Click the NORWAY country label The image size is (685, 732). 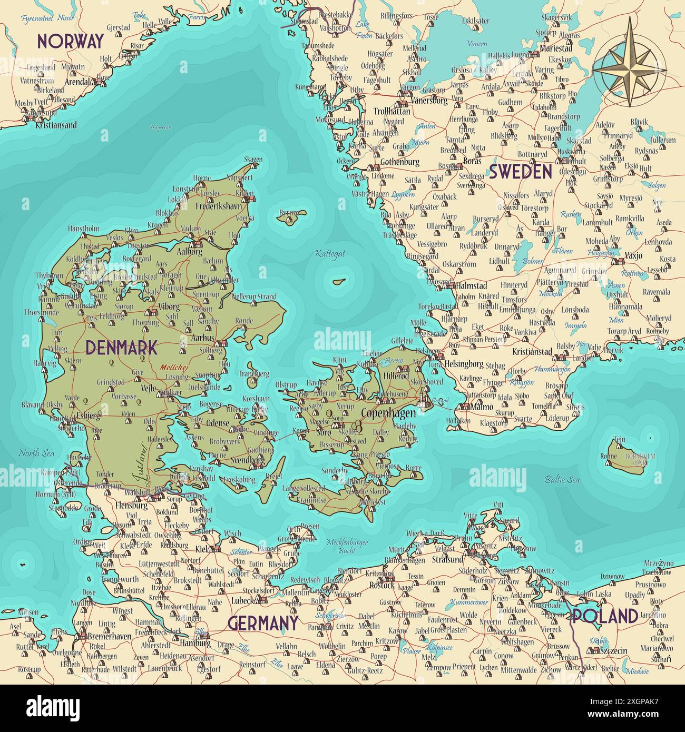(70, 41)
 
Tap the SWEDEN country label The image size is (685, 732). (520, 171)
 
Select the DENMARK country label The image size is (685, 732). (121, 348)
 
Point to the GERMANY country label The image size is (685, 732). (263, 624)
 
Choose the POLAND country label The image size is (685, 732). (605, 616)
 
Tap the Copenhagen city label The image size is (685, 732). (388, 413)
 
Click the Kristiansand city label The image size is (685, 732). (56, 125)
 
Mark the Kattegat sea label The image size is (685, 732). (330, 253)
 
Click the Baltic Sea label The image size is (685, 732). (562, 479)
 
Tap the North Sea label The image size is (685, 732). (36, 453)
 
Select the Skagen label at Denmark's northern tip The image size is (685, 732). (253, 160)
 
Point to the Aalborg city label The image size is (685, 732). (189, 252)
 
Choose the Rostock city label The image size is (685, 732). (382, 585)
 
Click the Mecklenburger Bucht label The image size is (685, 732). (347, 546)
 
